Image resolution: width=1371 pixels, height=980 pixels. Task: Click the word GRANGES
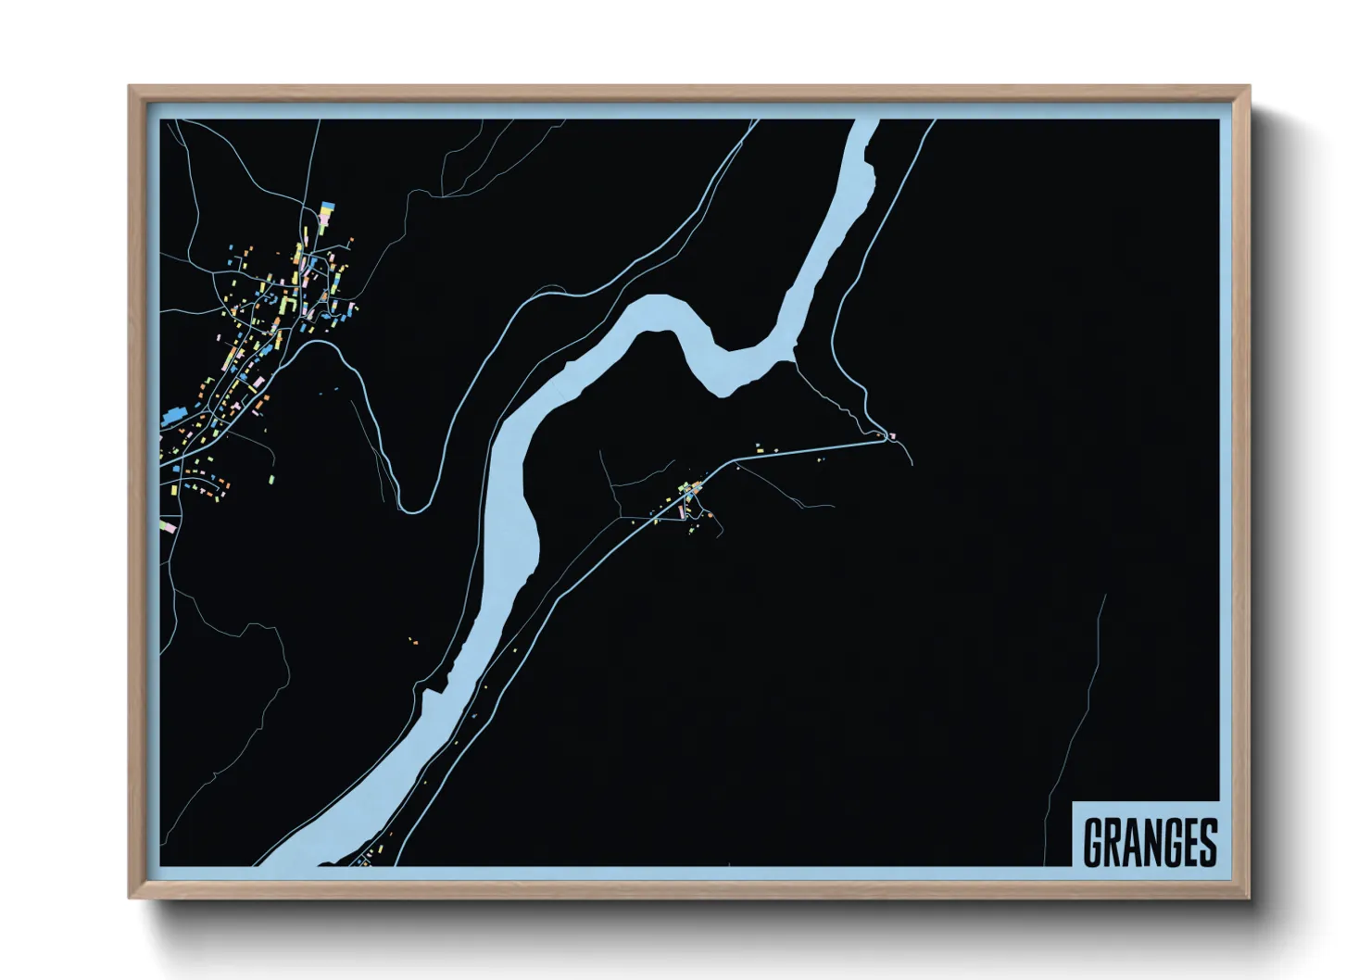click(1150, 842)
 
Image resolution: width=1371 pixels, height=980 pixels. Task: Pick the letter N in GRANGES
click(1150, 842)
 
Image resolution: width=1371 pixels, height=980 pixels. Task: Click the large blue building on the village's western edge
click(174, 417)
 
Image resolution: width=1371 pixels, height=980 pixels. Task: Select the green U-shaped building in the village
click(288, 304)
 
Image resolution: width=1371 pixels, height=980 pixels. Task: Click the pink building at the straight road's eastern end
click(893, 435)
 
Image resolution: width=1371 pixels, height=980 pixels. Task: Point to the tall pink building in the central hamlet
click(682, 511)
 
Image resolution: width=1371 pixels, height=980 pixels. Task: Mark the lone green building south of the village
click(272, 479)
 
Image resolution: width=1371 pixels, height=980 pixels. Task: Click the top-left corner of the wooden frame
click(130, 87)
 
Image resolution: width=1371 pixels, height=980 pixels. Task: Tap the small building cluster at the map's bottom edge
click(366, 858)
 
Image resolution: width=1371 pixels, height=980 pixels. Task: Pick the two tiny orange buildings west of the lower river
click(414, 640)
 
